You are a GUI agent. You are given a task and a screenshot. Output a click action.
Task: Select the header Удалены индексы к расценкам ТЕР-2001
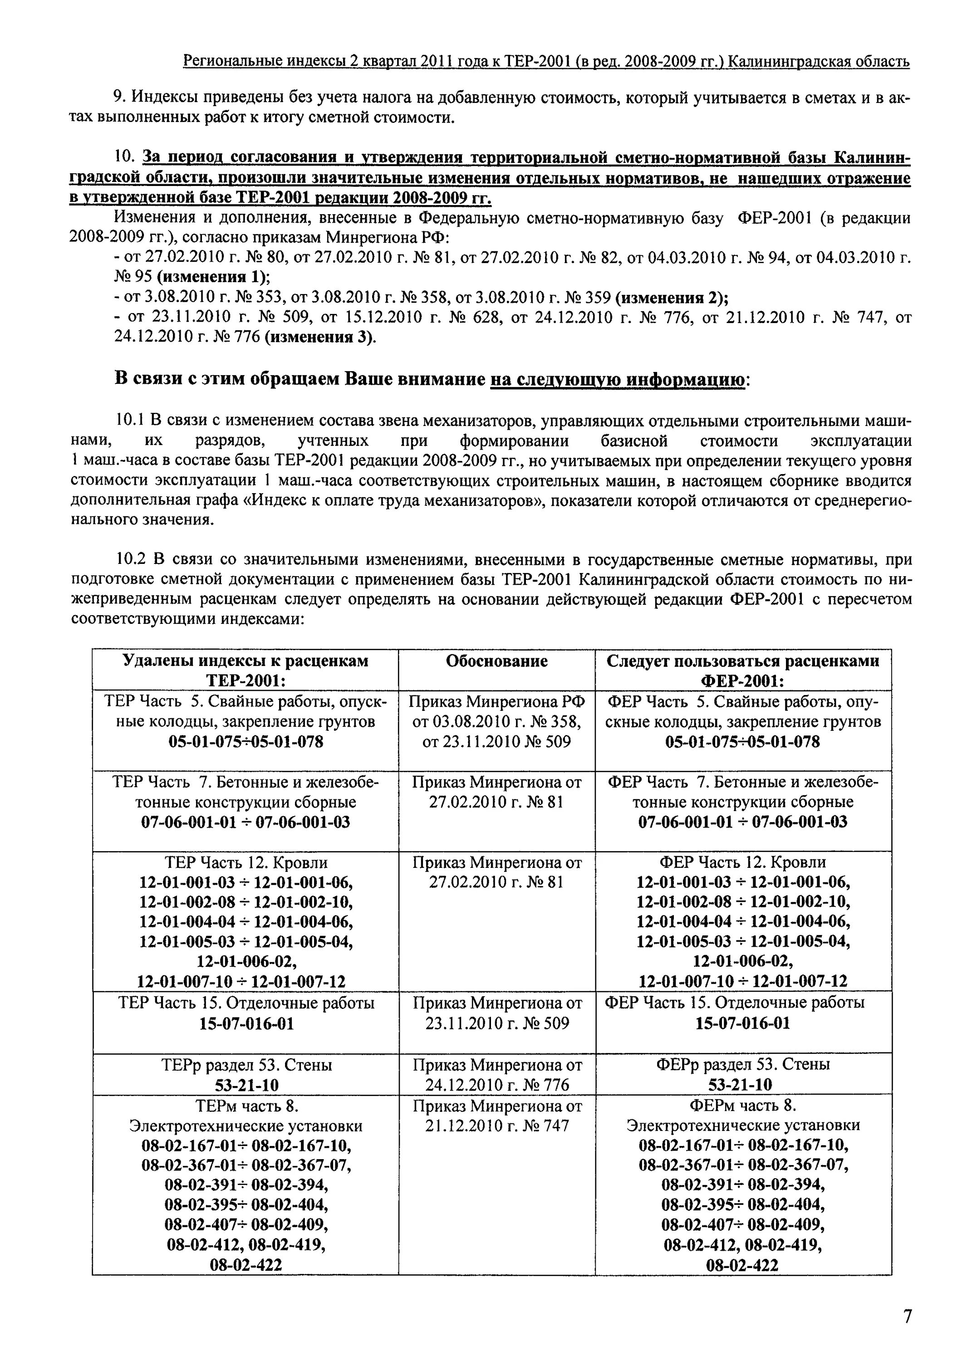(245, 671)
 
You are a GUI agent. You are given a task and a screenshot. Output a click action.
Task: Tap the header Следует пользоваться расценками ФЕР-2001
(743, 671)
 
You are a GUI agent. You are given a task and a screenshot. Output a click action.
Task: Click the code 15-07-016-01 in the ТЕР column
(246, 1023)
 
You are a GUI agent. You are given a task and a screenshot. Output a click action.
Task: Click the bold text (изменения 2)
(672, 297)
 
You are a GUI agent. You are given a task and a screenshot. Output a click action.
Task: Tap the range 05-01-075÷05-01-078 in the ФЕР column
(742, 742)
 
